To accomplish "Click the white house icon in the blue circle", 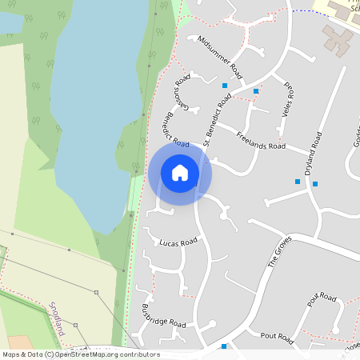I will pos(180,172).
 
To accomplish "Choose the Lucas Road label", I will pos(178,242).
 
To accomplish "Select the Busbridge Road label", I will pos(163,316).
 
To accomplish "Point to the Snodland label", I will pos(56,318).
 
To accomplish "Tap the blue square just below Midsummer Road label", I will pos(225,85).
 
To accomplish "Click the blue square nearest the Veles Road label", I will pos(256,91).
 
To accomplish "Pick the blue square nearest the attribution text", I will pos(224,346).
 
